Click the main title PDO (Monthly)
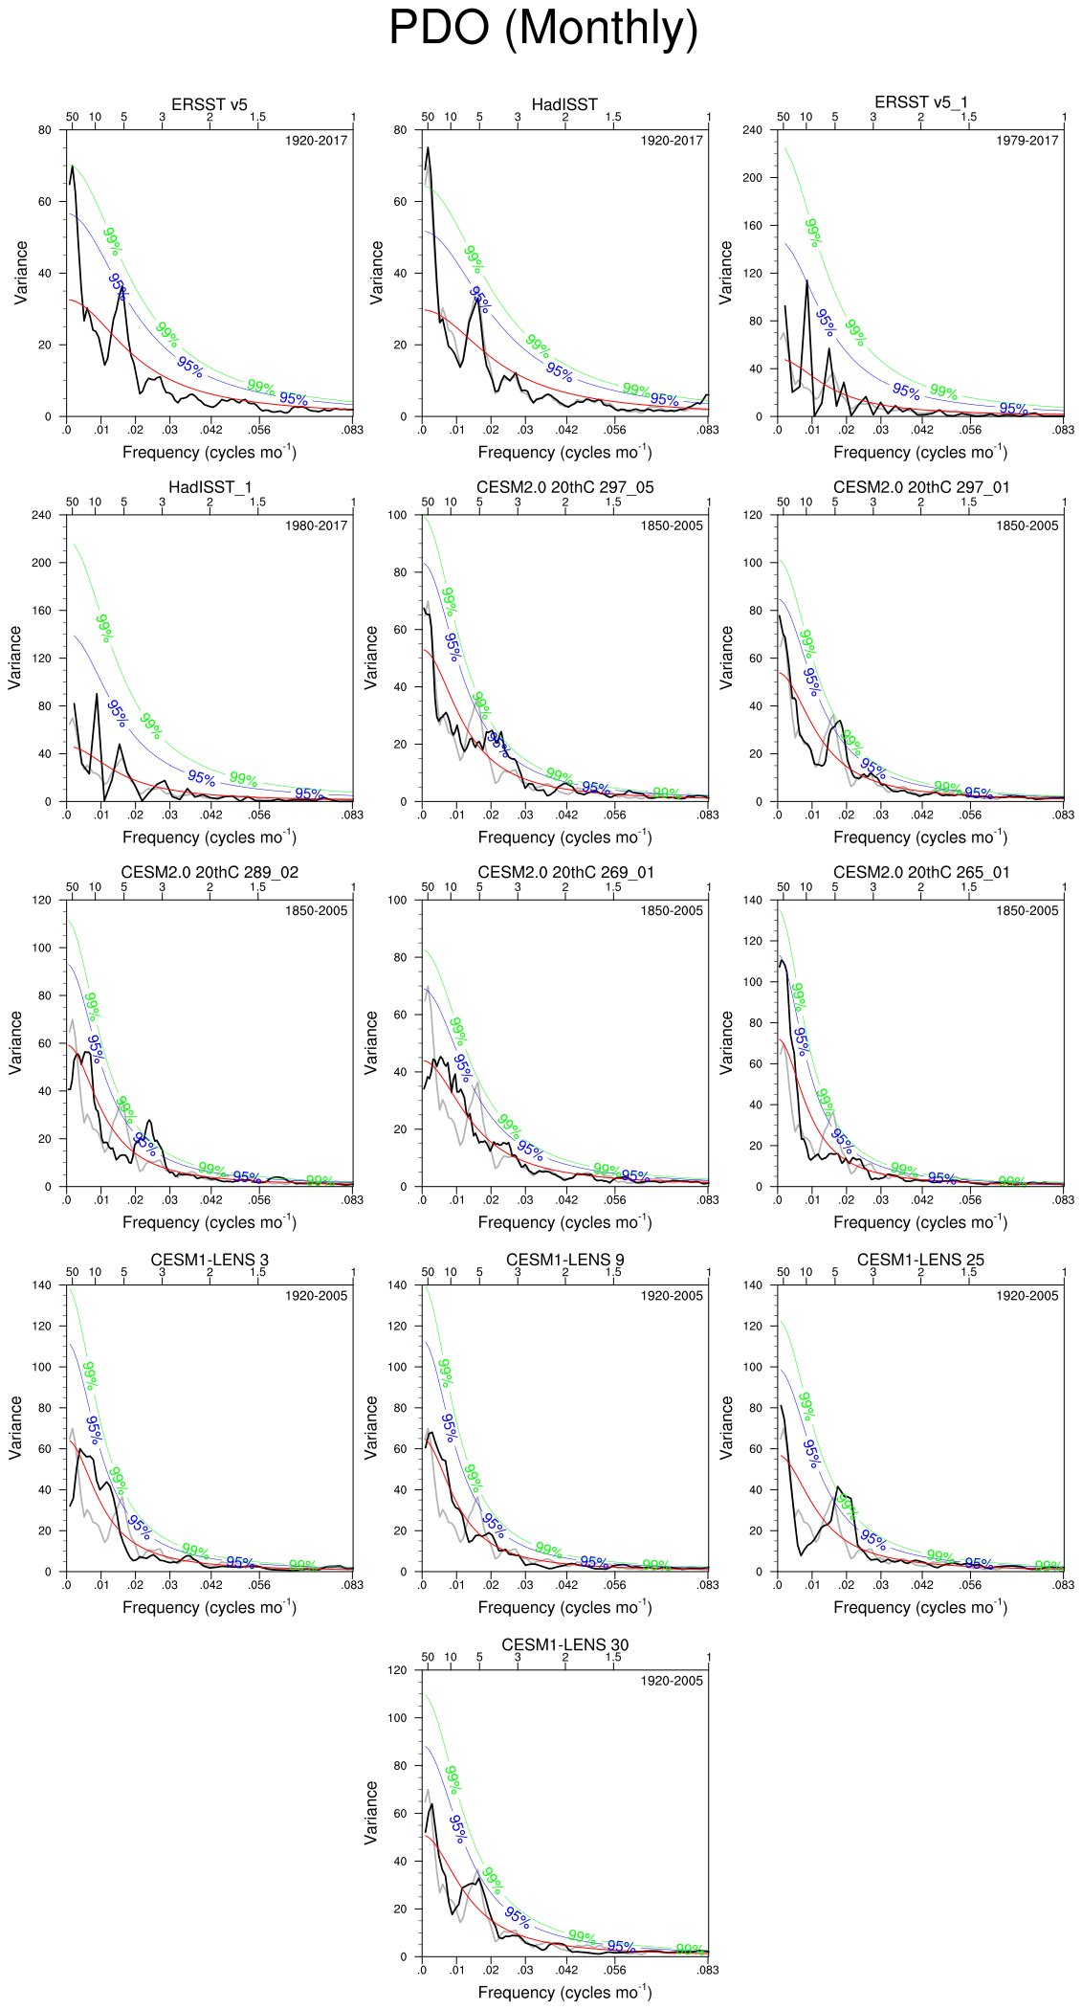[543, 29]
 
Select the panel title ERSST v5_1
[920, 102]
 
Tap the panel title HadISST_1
[210, 487]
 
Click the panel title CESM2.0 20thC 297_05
[564, 487]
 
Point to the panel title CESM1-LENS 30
[564, 1644]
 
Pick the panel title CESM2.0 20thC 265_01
[920, 872]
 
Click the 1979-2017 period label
[1027, 141]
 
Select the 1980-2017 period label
[316, 525]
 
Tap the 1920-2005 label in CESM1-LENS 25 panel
[1027, 1296]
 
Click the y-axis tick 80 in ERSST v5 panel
[45, 130]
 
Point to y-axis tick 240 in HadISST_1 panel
[41, 515]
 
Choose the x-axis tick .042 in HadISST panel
[566, 430]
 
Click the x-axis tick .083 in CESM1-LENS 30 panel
[707, 1970]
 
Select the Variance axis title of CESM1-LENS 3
[15, 1427]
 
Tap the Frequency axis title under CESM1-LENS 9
[564, 1607]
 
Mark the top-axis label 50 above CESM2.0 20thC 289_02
[72, 887]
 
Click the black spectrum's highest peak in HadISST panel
[428, 147]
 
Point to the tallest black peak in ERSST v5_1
[806, 280]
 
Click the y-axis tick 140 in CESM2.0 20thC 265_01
[752, 900]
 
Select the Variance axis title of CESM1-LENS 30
[371, 1813]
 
